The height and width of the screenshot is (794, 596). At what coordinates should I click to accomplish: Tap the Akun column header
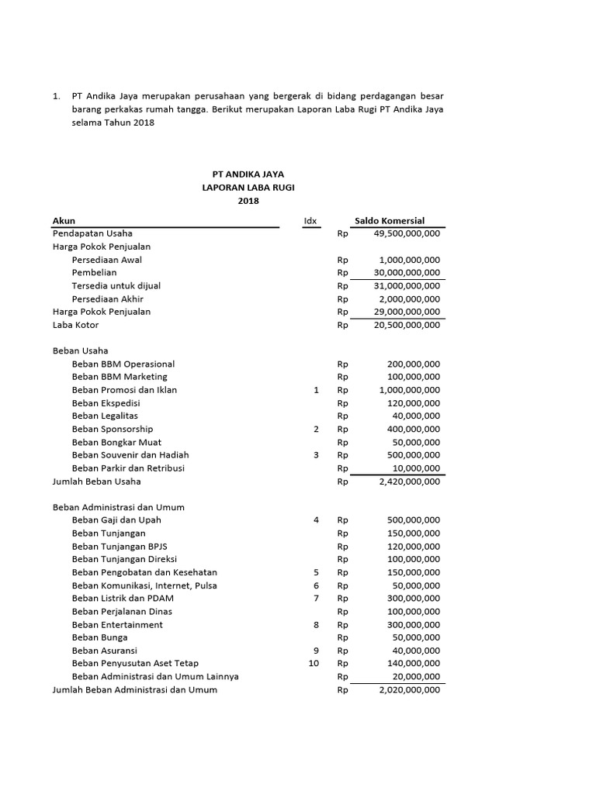pyautogui.click(x=64, y=221)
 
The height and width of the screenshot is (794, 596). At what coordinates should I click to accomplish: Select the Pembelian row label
pyautogui.click(x=94, y=273)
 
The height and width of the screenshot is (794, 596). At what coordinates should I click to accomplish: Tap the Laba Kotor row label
pyautogui.click(x=75, y=325)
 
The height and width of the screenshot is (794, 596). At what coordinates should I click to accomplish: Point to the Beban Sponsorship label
pyautogui.click(x=112, y=429)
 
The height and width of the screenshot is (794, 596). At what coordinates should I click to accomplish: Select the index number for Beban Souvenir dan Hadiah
pyautogui.click(x=316, y=455)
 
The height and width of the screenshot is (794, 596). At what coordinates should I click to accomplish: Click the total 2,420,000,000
pyautogui.click(x=410, y=482)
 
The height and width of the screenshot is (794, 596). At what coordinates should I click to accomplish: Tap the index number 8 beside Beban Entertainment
pyautogui.click(x=316, y=624)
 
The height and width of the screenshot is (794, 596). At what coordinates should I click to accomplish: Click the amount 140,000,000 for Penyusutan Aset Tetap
pyautogui.click(x=413, y=663)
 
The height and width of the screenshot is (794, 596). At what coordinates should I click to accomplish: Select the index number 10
pyautogui.click(x=314, y=663)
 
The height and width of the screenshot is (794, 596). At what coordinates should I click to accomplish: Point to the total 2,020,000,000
pyautogui.click(x=410, y=689)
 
